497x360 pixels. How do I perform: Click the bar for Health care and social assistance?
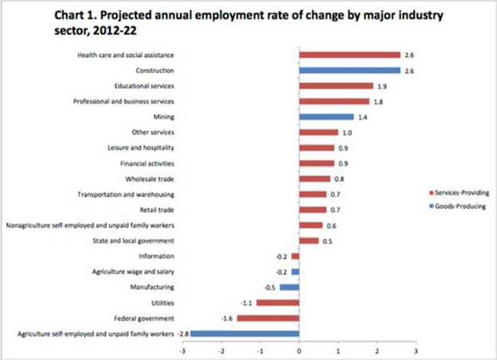pyautogui.click(x=349, y=55)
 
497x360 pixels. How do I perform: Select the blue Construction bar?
pyautogui.click(x=349, y=70)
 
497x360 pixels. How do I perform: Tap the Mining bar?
pyautogui.click(x=326, y=117)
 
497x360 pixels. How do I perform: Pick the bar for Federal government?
pyautogui.click(x=268, y=318)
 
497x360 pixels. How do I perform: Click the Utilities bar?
pyautogui.click(x=278, y=303)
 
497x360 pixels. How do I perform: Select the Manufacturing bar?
pyautogui.click(x=290, y=287)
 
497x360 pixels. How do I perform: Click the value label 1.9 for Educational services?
pyautogui.click(x=381, y=85)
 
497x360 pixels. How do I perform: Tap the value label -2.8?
pyautogui.click(x=181, y=333)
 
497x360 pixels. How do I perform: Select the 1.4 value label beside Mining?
pyautogui.click(x=361, y=117)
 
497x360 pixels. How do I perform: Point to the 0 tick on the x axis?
pyautogui.click(x=299, y=350)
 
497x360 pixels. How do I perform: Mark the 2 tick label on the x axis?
pyautogui.click(x=377, y=350)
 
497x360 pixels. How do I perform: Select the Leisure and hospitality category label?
pyautogui.click(x=141, y=148)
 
